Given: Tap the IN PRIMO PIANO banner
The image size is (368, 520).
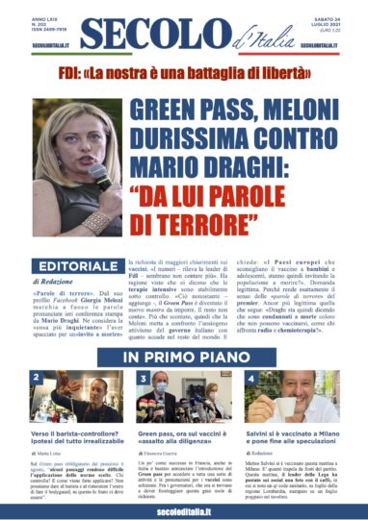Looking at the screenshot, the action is pos(183,359).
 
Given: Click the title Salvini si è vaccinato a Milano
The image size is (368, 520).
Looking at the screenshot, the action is pos(294,438).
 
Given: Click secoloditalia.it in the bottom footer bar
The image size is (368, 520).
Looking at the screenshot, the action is pos(183,505).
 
